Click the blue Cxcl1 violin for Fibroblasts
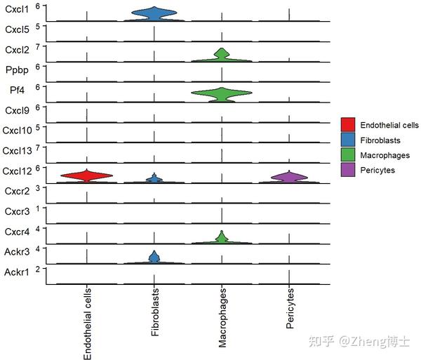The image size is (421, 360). point(154,13)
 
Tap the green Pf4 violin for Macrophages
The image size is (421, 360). point(222,93)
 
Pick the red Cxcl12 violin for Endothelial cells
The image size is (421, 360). point(86,176)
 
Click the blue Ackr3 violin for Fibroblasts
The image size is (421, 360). point(154,258)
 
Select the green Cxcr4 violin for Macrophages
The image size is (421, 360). point(222,239)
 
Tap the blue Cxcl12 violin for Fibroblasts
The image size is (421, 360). point(154,179)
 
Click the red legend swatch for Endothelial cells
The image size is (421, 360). point(348,125)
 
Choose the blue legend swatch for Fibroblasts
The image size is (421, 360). point(348,140)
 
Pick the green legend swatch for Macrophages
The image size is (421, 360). point(348,155)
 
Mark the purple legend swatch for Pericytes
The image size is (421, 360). point(348,171)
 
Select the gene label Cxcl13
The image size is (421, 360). point(18,151)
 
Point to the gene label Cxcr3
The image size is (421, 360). point(17,211)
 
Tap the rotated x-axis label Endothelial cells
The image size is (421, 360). point(88,324)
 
